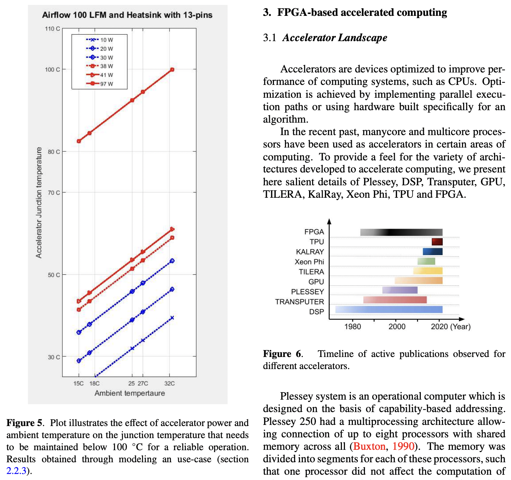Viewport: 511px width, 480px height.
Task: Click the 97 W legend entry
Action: pos(100,84)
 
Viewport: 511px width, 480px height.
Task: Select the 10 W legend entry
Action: pos(100,40)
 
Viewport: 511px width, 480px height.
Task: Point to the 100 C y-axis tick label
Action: pos(52,69)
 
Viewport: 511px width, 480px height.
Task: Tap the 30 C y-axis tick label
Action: pos(54,357)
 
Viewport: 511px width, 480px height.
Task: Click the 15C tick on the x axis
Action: pos(78,383)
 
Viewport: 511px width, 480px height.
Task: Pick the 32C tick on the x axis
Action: pos(169,383)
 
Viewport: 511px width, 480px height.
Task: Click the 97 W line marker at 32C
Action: pos(172,70)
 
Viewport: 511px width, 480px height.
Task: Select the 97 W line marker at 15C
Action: pos(79,141)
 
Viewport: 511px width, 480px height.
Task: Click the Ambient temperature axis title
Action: pos(129,393)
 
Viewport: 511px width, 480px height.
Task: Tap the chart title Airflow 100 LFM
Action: pos(127,15)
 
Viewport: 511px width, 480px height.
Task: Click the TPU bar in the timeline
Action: pos(437,242)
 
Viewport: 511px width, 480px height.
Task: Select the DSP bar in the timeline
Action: pos(389,310)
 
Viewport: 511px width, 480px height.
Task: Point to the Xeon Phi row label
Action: pos(309,262)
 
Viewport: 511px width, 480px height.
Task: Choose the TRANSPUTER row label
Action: pos(299,302)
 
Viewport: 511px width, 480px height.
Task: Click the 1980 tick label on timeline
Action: pos(352,327)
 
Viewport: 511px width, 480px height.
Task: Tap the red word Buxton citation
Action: pos(369,446)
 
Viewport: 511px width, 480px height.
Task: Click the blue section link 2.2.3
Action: pos(16,471)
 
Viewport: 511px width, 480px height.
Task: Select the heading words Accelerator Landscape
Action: pos(335,38)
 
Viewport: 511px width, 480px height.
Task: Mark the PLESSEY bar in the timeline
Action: pos(400,290)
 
